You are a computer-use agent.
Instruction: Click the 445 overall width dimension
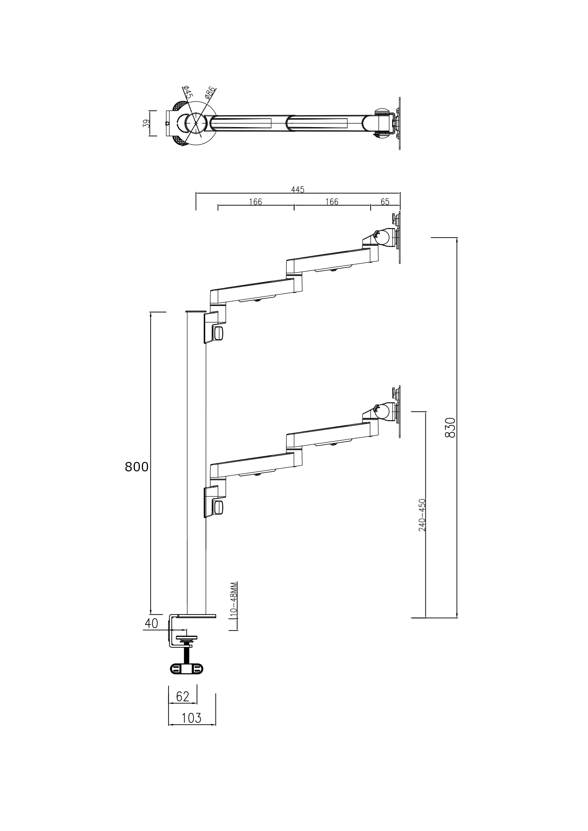click(x=297, y=189)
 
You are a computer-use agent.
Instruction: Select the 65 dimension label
click(x=385, y=201)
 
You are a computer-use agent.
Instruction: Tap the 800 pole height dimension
click(x=137, y=467)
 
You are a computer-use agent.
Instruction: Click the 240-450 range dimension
click(x=422, y=515)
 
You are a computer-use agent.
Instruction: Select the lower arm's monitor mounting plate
click(x=399, y=411)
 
